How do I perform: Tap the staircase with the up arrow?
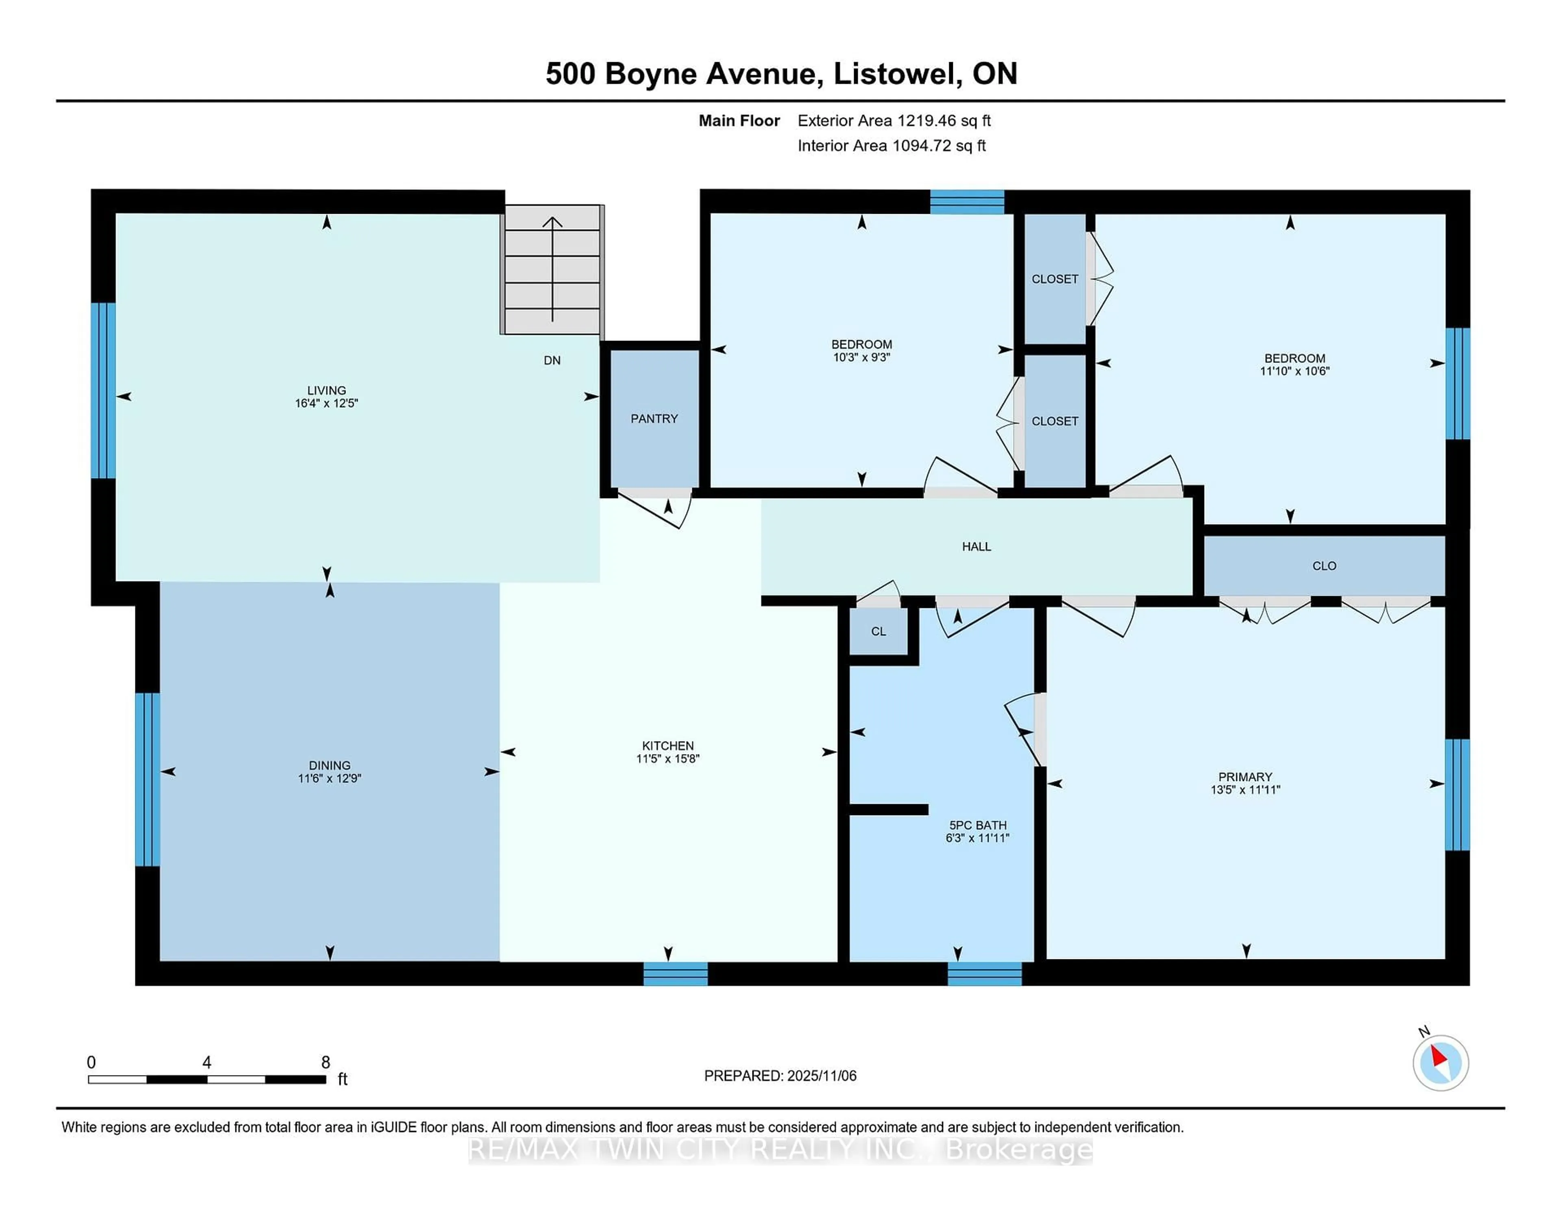(x=552, y=269)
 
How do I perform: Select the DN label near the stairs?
(x=552, y=360)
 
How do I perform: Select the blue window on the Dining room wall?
(x=147, y=779)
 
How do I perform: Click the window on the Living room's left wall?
(x=103, y=390)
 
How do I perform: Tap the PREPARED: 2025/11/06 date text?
(x=780, y=1076)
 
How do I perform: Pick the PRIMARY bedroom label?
(x=1245, y=777)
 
